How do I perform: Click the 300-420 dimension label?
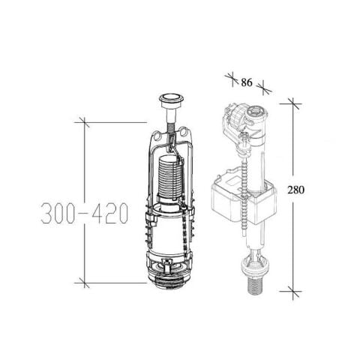(85, 213)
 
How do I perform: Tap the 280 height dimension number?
(295, 190)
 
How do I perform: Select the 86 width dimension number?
(247, 82)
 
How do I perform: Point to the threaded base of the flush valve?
(170, 284)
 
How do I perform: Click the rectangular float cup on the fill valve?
(244, 197)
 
